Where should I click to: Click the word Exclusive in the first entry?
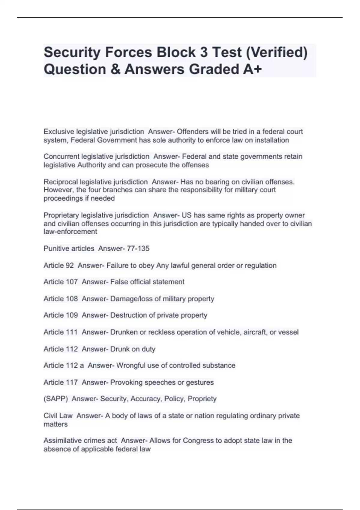pos(59,132)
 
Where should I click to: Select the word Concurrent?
pos(61,157)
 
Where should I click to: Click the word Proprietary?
pos(61,215)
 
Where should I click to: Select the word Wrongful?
pos(130,365)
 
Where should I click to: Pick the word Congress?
pos(198,441)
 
